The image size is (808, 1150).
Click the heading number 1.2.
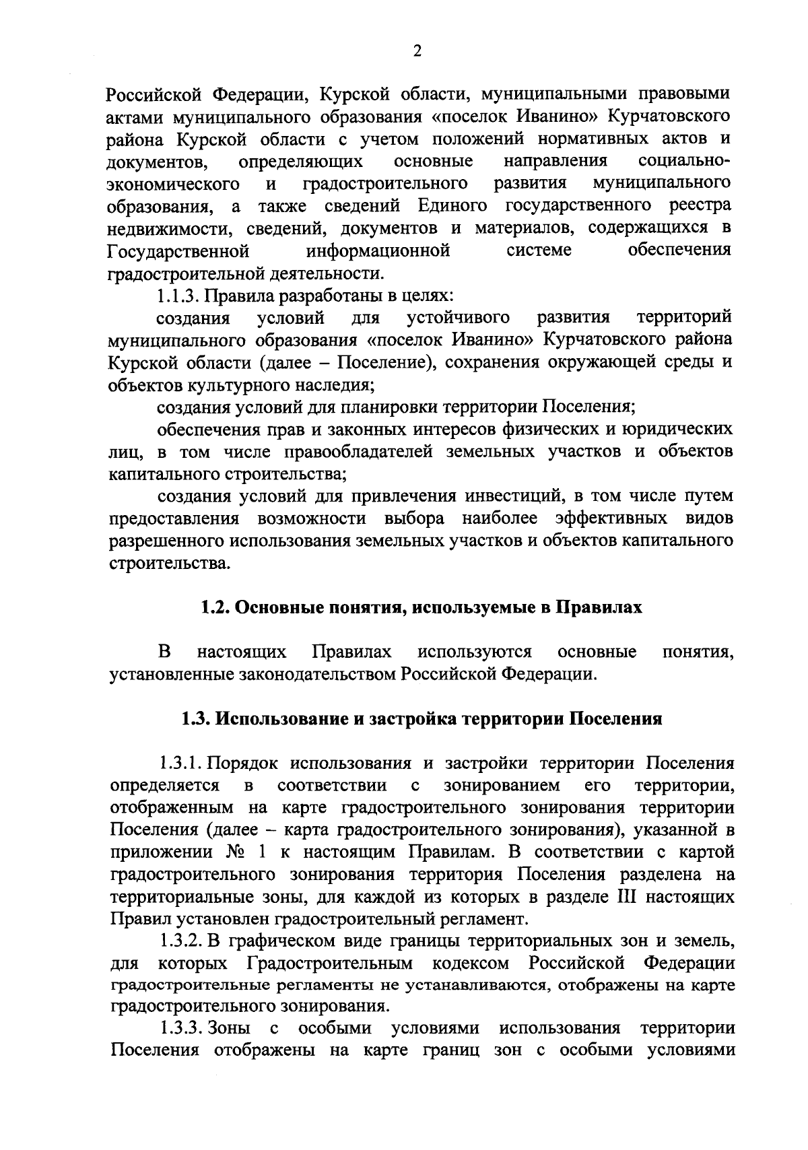pyautogui.click(x=216, y=607)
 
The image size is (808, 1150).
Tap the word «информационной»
pyautogui.click(x=378, y=251)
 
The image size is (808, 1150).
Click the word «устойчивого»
pyautogui.click(x=459, y=317)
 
